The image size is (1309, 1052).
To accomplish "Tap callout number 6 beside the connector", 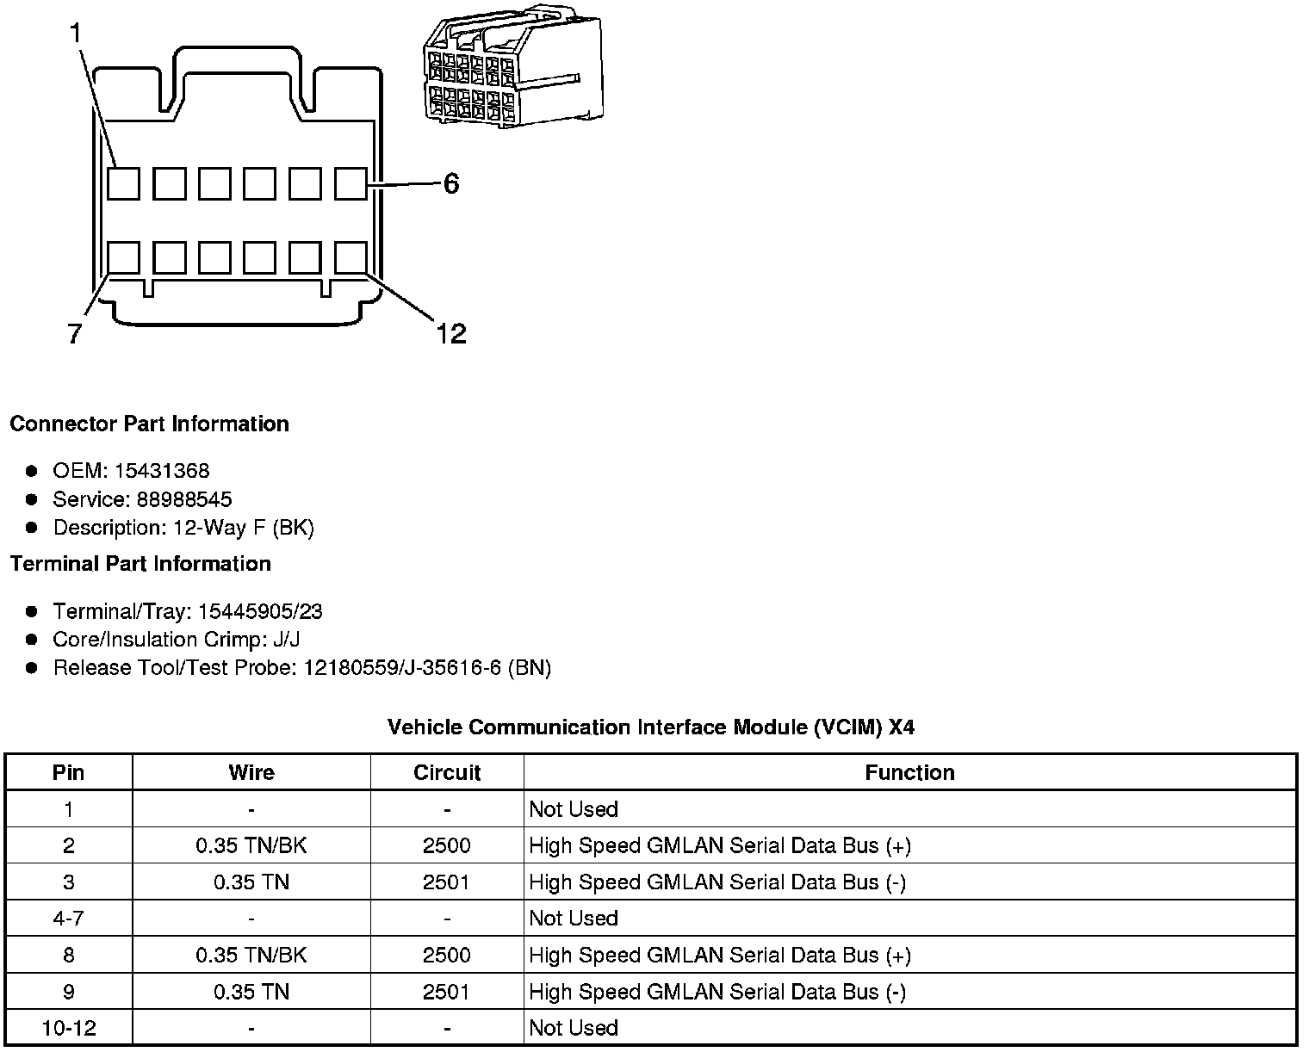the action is [x=451, y=183].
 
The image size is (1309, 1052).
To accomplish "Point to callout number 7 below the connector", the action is [x=75, y=333].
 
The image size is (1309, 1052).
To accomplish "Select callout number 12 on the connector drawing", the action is [x=450, y=333].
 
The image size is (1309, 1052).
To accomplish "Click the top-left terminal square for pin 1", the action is [x=124, y=183].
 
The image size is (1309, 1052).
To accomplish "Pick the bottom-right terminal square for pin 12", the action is [x=350, y=257].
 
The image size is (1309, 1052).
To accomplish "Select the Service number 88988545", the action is [x=183, y=499].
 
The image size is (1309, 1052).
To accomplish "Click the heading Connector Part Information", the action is [x=149, y=424].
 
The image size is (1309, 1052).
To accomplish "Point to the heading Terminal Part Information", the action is [x=140, y=564].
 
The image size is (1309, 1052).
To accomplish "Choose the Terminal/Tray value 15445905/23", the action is [x=260, y=611].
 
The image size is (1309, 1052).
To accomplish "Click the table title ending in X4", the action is [x=651, y=727].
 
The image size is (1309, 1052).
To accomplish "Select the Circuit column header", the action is [x=447, y=772].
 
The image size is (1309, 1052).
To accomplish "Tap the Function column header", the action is [x=909, y=772].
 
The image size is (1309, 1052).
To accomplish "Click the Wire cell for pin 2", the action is [x=251, y=845].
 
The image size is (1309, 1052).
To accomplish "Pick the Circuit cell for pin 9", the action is [x=447, y=992].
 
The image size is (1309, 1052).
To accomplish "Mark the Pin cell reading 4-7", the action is [x=69, y=919].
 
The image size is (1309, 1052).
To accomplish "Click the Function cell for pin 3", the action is [x=717, y=882].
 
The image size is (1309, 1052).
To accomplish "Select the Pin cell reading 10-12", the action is [x=69, y=1028].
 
